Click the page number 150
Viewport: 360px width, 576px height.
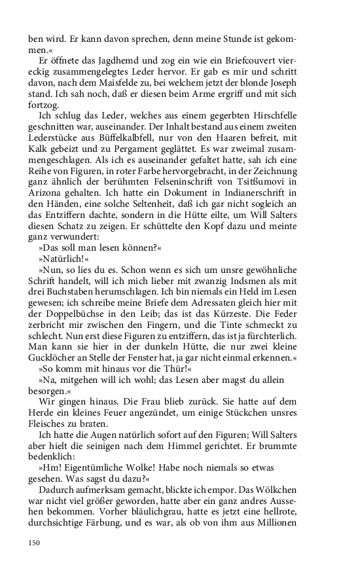point(33,542)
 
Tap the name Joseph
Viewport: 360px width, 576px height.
point(282,83)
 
